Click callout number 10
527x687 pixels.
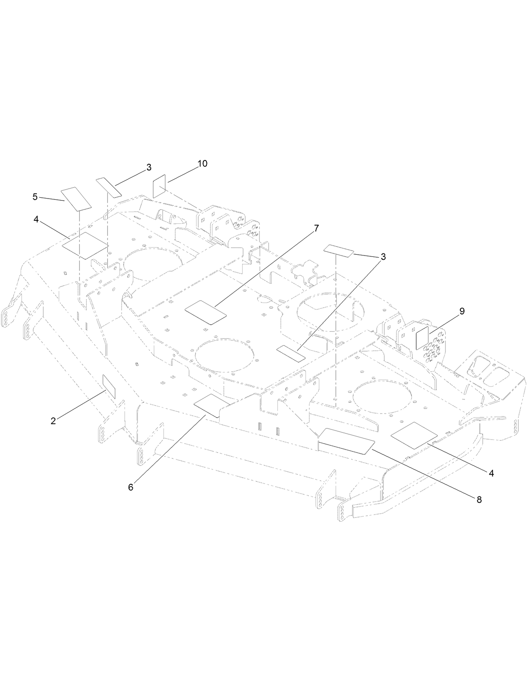[x=202, y=164]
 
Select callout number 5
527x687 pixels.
[x=35, y=196]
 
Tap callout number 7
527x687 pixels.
[x=316, y=228]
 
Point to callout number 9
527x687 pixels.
[x=462, y=311]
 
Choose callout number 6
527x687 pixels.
[x=131, y=487]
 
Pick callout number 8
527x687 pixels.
[x=479, y=499]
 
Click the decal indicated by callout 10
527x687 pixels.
[x=160, y=187]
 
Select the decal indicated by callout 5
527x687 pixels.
[x=76, y=199]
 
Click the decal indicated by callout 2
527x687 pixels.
[x=108, y=387]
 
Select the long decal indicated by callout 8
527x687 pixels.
[x=346, y=441]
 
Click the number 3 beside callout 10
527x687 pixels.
[x=149, y=168]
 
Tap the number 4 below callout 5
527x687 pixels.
[x=36, y=220]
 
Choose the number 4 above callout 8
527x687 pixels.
[x=491, y=473]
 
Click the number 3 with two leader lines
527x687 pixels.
[x=383, y=257]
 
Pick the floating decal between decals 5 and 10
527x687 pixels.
[x=108, y=186]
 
